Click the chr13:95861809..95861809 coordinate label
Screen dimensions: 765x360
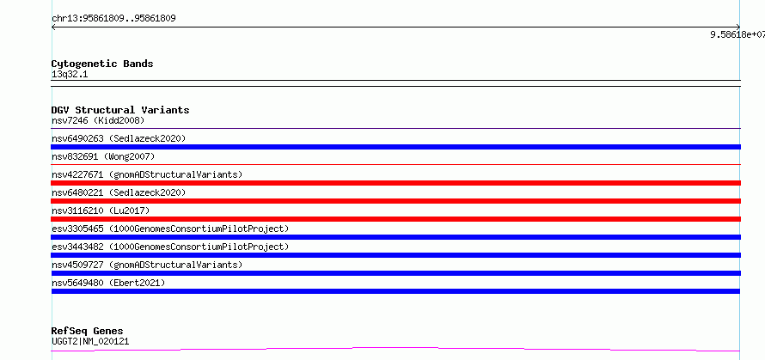tap(113, 19)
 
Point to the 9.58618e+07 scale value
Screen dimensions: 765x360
tap(737, 34)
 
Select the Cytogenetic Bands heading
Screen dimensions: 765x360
tap(102, 64)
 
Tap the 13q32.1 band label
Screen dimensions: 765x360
tap(70, 75)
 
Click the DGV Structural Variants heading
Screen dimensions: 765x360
tap(120, 110)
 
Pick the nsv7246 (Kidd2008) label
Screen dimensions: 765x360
tap(98, 120)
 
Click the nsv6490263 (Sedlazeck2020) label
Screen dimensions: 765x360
tap(119, 138)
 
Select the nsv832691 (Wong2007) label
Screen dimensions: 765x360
tap(103, 156)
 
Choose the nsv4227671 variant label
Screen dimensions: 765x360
tap(147, 174)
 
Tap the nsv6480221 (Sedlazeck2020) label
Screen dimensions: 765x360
tap(119, 192)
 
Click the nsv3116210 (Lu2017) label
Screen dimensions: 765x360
tap(101, 211)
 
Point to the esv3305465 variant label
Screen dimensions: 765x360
tap(170, 229)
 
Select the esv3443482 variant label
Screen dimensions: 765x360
tap(170, 247)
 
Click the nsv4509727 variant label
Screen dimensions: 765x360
tap(147, 265)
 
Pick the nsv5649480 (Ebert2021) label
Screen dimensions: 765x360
tap(108, 283)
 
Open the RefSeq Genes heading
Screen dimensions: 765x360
tap(88, 331)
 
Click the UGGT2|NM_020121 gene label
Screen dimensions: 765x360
tap(90, 341)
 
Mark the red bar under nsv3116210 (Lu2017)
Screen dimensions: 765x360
tap(395, 219)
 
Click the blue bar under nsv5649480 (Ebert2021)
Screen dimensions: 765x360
tap(395, 291)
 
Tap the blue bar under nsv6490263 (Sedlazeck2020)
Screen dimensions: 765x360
tap(395, 147)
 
